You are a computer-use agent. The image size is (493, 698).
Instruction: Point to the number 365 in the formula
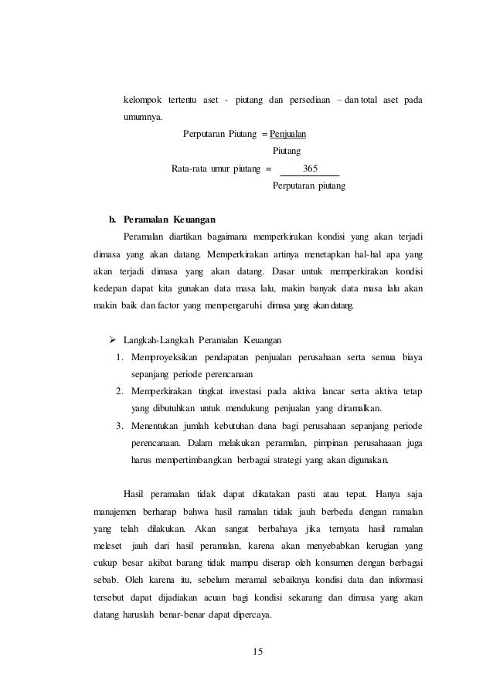tap(313, 169)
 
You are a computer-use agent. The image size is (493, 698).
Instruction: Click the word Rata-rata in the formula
tap(190, 169)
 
